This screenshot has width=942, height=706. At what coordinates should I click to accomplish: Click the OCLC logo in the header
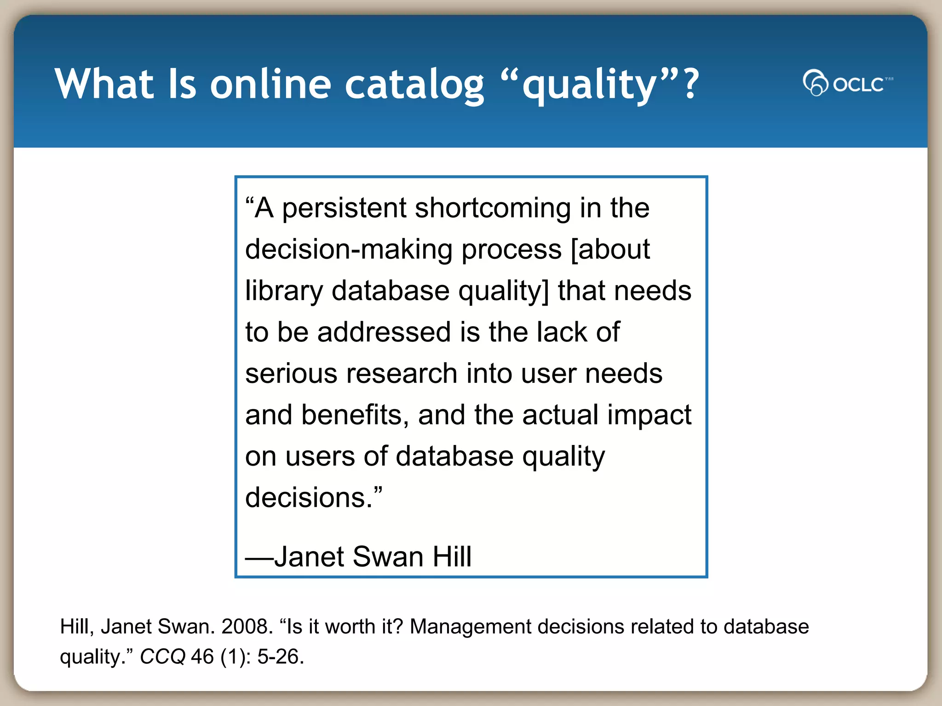click(x=847, y=83)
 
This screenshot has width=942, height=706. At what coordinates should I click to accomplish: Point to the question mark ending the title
click(x=691, y=84)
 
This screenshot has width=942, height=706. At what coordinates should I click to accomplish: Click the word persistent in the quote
click(x=344, y=208)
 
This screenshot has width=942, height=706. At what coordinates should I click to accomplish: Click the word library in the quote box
click(x=284, y=291)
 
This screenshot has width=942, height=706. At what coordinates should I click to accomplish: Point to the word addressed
click(x=384, y=332)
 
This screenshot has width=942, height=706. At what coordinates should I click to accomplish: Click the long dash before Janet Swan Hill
click(x=259, y=558)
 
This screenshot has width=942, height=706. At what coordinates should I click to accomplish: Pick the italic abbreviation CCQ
click(x=162, y=656)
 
